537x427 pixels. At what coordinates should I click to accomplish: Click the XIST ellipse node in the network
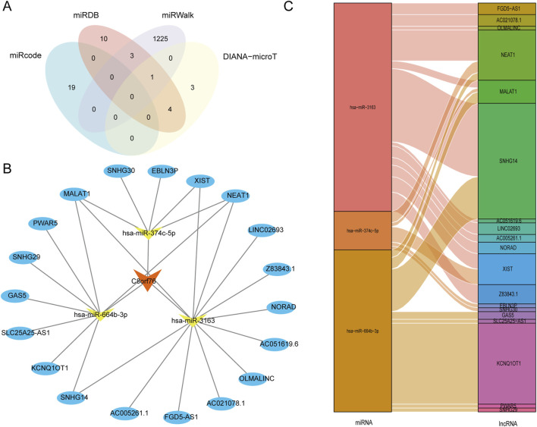click(x=202, y=181)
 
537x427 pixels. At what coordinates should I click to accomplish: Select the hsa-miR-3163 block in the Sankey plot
click(x=362, y=107)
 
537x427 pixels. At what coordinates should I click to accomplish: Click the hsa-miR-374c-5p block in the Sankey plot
click(x=362, y=230)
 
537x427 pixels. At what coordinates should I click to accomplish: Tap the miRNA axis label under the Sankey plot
click(x=362, y=420)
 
